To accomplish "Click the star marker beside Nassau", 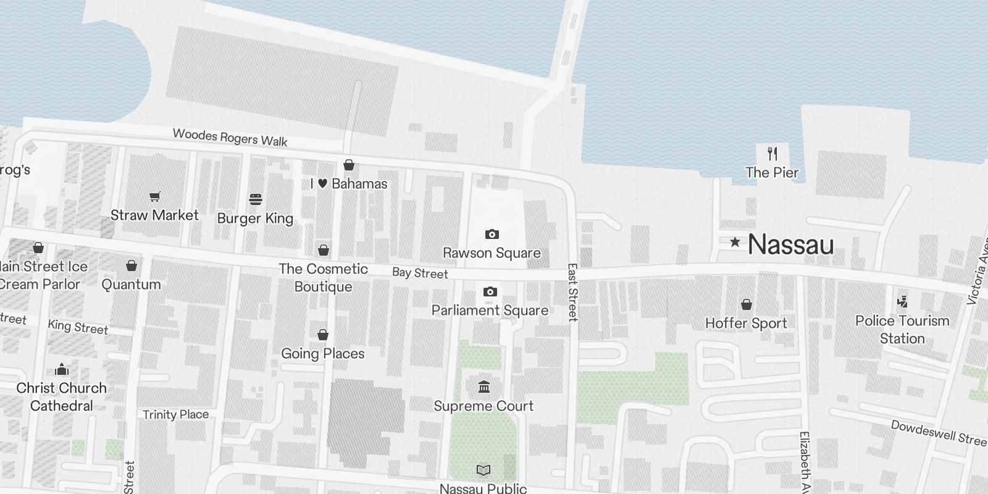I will [x=735, y=242].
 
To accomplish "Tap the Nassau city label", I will [x=790, y=245].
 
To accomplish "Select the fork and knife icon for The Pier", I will [x=772, y=153].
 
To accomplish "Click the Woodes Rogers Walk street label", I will [x=230, y=137].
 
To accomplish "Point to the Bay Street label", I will [x=420, y=273].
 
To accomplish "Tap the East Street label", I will [x=572, y=292].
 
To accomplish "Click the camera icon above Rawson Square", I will [x=492, y=234].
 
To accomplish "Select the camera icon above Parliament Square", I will [x=490, y=291].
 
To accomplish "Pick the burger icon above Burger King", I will [x=256, y=199].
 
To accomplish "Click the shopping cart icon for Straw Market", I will [x=154, y=196].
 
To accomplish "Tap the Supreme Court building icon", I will [x=484, y=387].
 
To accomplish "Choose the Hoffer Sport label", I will [x=746, y=323].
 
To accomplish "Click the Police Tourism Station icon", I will [x=902, y=302].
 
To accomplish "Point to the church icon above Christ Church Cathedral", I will [x=62, y=369].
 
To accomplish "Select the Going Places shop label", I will [x=322, y=353].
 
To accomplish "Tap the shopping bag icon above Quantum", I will [x=131, y=266].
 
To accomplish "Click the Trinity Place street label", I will [x=175, y=414].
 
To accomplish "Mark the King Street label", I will [x=78, y=326].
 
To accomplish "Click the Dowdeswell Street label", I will [x=939, y=433].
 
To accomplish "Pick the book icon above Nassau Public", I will [x=484, y=471].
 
